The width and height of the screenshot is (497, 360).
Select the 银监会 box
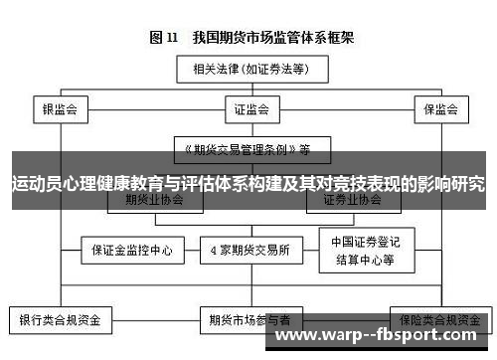pyautogui.click(x=60, y=107)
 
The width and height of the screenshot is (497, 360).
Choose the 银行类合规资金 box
pyautogui.click(x=61, y=320)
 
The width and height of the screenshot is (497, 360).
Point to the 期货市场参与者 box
pyautogui.click(x=249, y=320)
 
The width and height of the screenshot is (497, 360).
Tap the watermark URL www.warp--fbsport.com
pyautogui.click(x=383, y=336)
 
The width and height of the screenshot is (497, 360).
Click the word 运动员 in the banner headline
pyautogui.click(x=36, y=183)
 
